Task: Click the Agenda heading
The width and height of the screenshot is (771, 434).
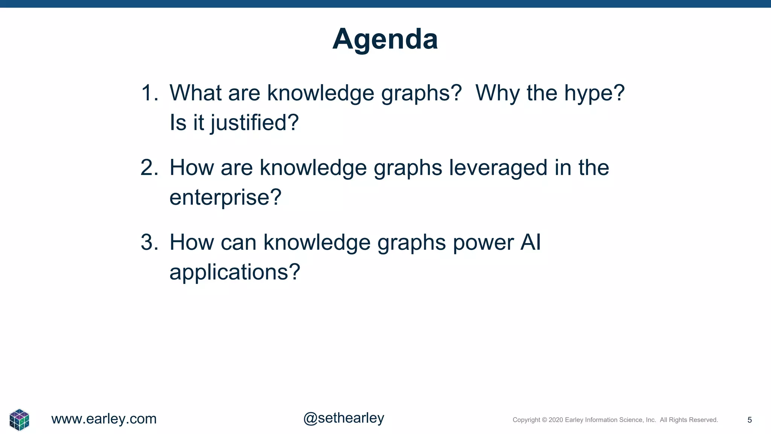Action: [x=385, y=39]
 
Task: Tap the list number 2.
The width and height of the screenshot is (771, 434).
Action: [x=149, y=168]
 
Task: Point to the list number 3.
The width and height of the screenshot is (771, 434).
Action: [x=149, y=242]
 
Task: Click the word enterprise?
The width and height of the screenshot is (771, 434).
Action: [x=225, y=198]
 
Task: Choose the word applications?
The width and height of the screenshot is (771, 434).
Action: [x=235, y=272]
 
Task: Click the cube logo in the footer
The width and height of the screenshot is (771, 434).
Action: [x=19, y=420]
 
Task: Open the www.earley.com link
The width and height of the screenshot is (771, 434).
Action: [x=104, y=419]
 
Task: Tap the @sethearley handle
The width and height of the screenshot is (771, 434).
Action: [x=344, y=418]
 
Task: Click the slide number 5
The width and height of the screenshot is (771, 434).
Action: [x=750, y=420]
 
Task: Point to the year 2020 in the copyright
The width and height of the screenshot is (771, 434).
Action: [x=556, y=420]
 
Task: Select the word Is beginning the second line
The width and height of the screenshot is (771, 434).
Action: [x=178, y=123]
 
